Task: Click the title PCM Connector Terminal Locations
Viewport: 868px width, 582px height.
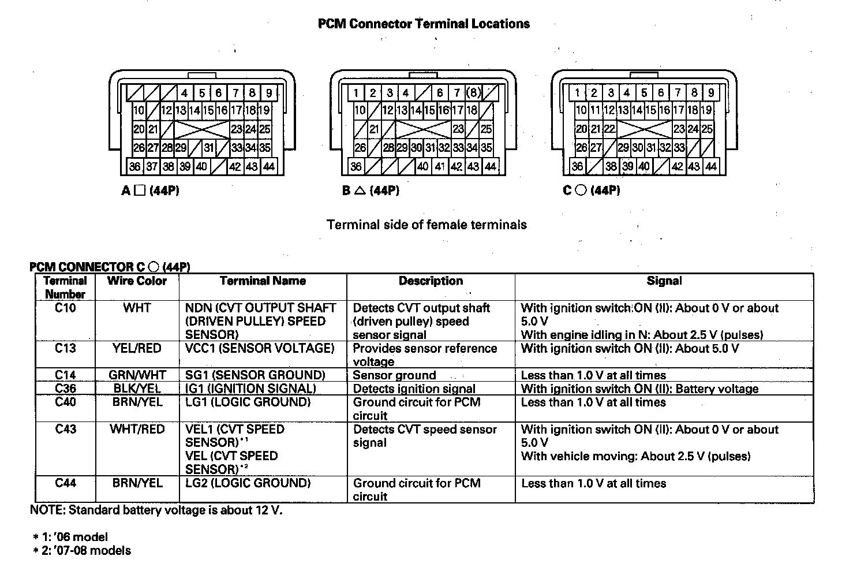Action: (424, 24)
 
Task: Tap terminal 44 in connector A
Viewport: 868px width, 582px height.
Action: (269, 167)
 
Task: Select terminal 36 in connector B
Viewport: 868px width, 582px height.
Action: (356, 167)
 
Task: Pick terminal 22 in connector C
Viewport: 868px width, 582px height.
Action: (609, 129)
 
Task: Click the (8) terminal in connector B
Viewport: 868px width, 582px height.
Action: (473, 92)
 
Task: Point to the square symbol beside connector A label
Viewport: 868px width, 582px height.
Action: (139, 191)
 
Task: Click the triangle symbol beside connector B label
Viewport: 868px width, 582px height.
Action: (360, 191)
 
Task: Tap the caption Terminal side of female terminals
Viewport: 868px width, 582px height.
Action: (426, 225)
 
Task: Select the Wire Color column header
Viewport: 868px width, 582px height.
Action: (137, 281)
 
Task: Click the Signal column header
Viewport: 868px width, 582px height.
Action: (664, 281)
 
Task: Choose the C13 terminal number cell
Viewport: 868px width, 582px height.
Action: (65, 348)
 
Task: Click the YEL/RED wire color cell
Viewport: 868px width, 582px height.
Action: (137, 348)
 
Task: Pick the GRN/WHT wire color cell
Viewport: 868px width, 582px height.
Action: (137, 375)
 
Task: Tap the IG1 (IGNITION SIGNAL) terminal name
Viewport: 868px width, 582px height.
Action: (250, 389)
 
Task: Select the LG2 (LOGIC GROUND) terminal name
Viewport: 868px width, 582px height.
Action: (248, 483)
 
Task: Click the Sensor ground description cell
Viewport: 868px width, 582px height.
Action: (394, 375)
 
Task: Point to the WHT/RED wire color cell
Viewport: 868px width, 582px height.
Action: (137, 430)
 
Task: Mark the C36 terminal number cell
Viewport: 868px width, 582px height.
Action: (65, 389)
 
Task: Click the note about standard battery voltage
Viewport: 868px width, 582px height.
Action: (156, 510)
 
